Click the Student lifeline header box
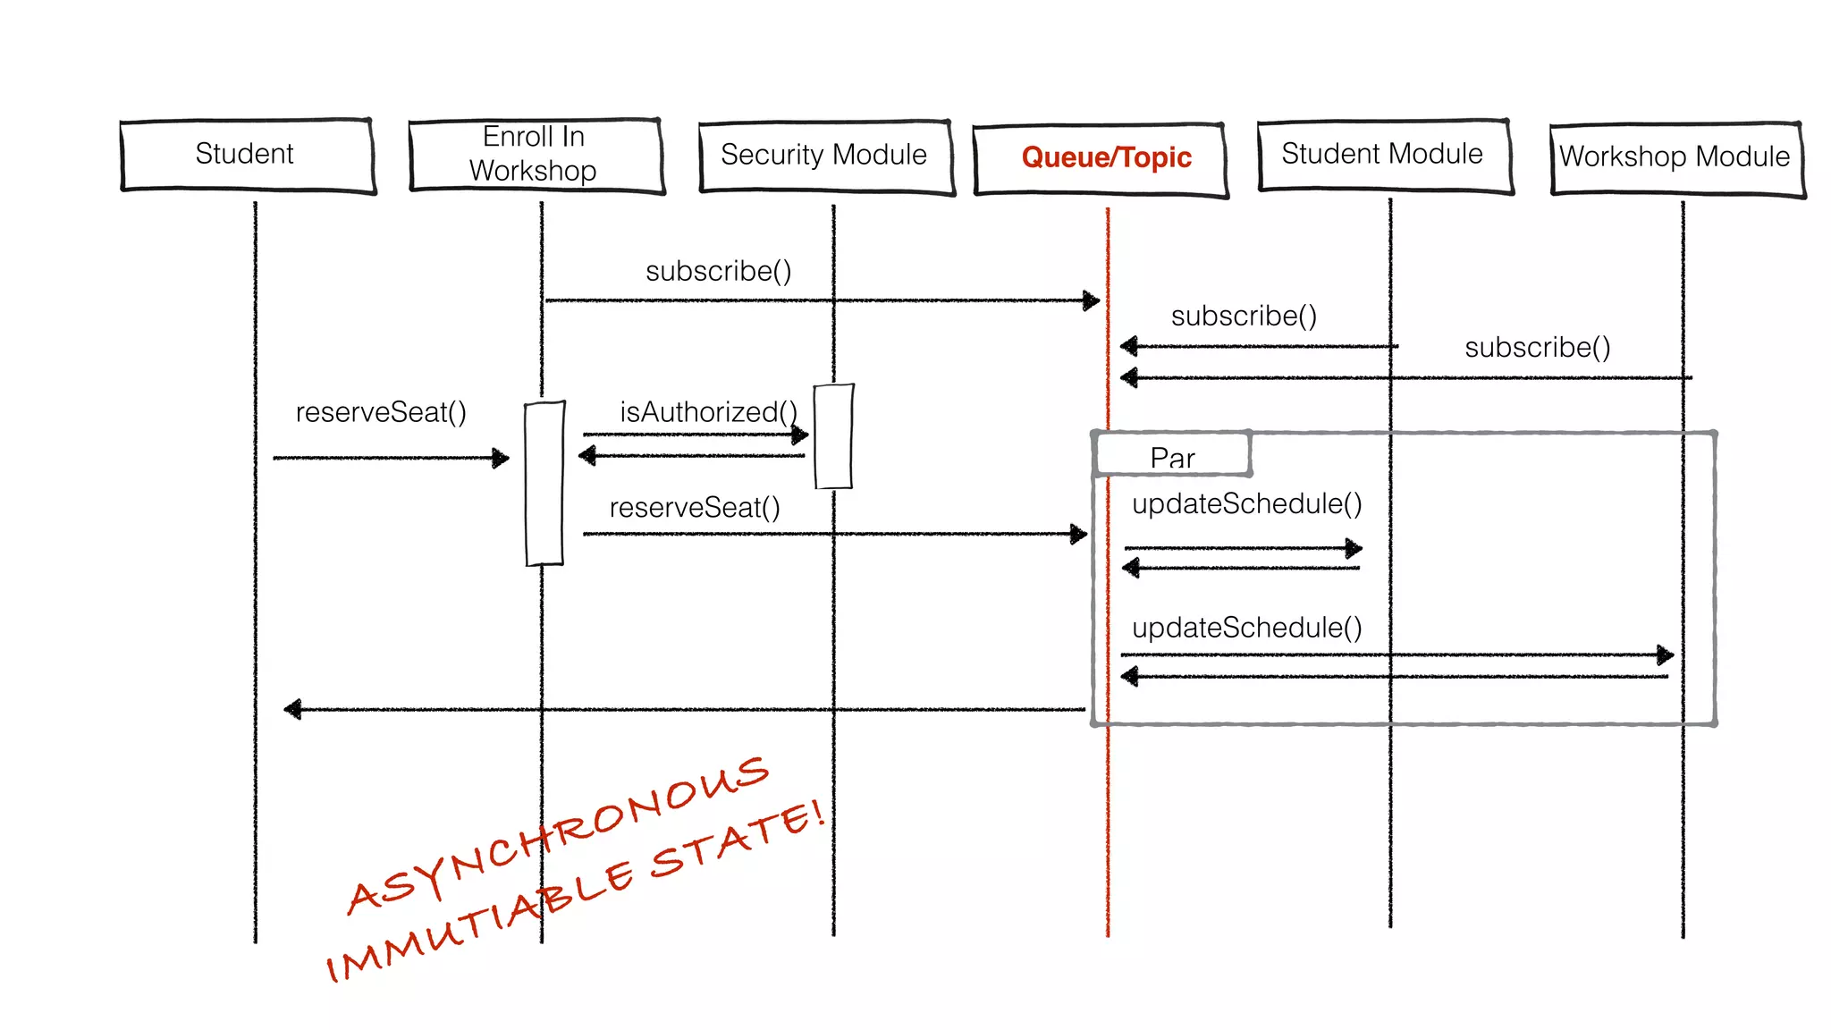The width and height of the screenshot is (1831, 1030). point(248,155)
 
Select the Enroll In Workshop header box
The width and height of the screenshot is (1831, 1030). point(536,155)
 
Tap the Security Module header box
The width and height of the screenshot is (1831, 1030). point(825,156)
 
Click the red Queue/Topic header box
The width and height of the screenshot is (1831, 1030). point(1101,158)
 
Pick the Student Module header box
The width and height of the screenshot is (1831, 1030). point(1383,155)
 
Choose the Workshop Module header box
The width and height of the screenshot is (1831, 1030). point(1676,157)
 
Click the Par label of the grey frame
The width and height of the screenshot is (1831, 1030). point(1172,457)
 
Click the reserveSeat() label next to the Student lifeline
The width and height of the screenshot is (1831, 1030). point(381,412)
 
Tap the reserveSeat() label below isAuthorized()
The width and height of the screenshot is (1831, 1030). point(695,508)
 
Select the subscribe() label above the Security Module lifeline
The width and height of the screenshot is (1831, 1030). point(719,271)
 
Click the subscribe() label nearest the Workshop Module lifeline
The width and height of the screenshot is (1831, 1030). point(1538,347)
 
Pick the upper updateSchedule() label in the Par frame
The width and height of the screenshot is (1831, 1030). point(1246,504)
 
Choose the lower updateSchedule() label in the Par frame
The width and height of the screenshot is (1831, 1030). point(1246,628)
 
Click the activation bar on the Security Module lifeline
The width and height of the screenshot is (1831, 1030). point(834,436)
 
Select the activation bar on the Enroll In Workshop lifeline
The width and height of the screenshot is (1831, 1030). point(544,483)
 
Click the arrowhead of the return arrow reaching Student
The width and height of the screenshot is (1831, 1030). point(293,709)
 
